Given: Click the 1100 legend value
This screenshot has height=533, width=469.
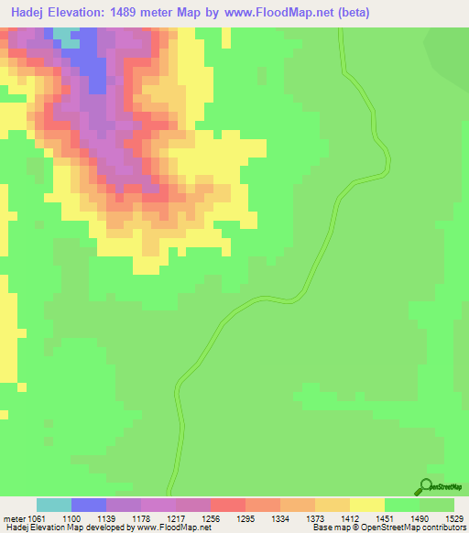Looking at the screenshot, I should click(x=88, y=518).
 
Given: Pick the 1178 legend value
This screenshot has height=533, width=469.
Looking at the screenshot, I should click(x=158, y=518).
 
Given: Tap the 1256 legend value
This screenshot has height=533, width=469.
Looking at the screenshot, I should click(x=228, y=518).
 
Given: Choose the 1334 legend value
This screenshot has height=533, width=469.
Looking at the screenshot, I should click(x=298, y=518).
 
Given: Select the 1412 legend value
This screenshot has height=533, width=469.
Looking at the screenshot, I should click(x=367, y=518).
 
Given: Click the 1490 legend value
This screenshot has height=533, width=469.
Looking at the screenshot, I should click(x=438, y=518).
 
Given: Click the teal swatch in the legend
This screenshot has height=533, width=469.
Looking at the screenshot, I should click(x=54, y=505).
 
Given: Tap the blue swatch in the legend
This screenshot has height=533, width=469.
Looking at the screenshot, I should click(x=89, y=505).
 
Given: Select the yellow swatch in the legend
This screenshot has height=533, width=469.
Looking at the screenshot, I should click(x=367, y=505).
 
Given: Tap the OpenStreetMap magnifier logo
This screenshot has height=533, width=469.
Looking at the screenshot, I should click(x=427, y=486).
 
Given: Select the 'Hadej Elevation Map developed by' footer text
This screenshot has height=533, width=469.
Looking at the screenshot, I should click(x=69, y=528).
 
